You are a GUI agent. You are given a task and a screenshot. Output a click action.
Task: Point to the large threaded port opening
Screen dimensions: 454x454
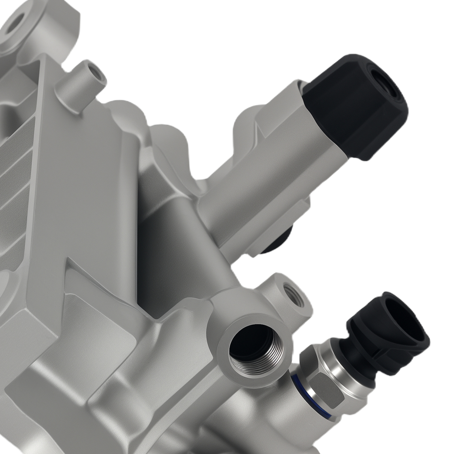point(252,345)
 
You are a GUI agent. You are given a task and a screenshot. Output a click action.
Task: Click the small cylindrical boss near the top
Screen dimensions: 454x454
point(84,84)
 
